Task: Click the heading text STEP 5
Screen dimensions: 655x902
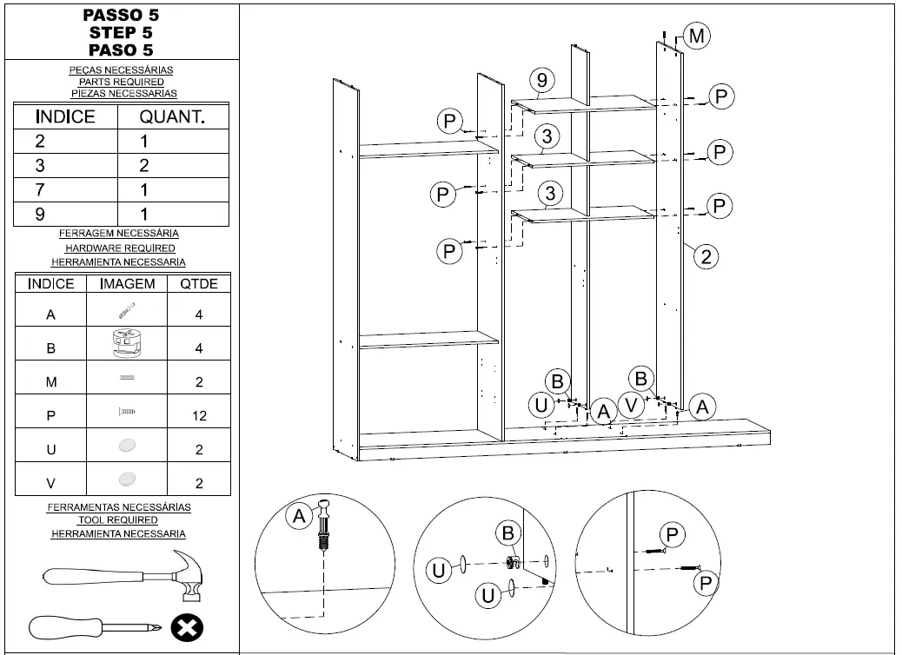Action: pyautogui.click(x=121, y=33)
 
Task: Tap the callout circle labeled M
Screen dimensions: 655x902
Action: pyautogui.click(x=696, y=36)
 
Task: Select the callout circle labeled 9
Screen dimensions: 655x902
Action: pyautogui.click(x=541, y=81)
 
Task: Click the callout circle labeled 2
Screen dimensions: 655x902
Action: pyautogui.click(x=706, y=255)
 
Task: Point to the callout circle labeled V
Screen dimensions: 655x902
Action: pyautogui.click(x=632, y=406)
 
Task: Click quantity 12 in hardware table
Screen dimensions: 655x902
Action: pyautogui.click(x=199, y=416)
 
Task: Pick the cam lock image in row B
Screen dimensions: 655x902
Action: pyautogui.click(x=127, y=345)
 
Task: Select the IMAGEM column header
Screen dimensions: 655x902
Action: pyautogui.click(x=127, y=284)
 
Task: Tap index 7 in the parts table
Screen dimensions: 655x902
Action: pyautogui.click(x=40, y=190)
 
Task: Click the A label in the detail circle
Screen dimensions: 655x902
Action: pyautogui.click(x=299, y=517)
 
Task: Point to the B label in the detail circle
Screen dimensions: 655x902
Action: pyautogui.click(x=508, y=533)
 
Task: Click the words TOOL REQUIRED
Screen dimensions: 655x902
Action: pyautogui.click(x=118, y=520)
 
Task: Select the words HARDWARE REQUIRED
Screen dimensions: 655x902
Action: pyautogui.click(x=119, y=248)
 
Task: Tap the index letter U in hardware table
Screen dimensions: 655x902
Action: pyautogui.click(x=50, y=450)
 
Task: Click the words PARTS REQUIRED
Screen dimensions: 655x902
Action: pyautogui.click(x=121, y=82)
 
